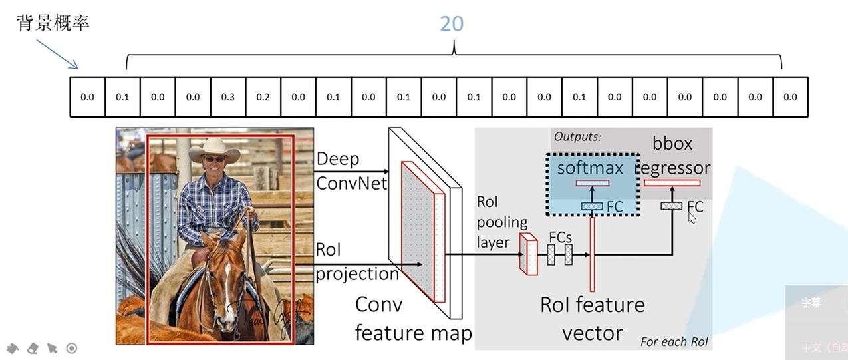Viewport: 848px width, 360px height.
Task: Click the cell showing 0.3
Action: coord(228,97)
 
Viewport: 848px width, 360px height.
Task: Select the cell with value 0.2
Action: coord(263,97)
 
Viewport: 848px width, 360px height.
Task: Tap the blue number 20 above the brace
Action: coord(452,24)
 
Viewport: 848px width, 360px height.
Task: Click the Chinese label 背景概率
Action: coord(53,23)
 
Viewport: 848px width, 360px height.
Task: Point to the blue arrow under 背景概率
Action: coord(57,53)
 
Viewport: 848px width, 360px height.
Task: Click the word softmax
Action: coord(590,168)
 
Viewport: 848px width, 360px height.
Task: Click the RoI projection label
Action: coord(356,262)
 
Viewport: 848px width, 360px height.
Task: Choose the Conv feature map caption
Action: coord(412,318)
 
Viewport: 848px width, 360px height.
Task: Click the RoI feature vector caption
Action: coord(592,318)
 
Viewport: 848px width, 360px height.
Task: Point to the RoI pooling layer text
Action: coord(501,222)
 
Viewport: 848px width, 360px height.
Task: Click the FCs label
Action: coord(560,236)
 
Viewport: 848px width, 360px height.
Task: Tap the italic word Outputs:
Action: coord(577,137)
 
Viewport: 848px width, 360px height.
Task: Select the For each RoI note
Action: coord(674,342)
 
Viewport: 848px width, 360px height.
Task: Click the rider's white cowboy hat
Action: coord(213,149)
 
